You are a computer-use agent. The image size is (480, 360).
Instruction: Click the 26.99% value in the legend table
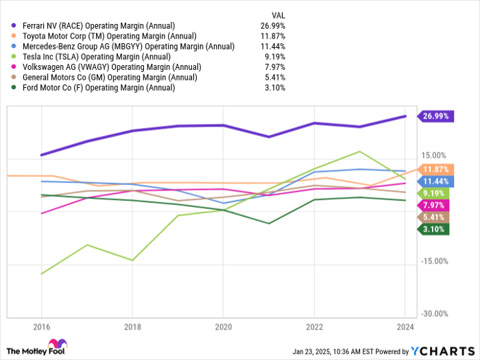coord(273,25)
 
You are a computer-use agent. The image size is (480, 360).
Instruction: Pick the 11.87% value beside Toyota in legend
coord(273,36)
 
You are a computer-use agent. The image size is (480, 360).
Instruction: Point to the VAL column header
coord(278,14)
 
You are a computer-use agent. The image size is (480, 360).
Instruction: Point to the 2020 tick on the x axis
coord(223,327)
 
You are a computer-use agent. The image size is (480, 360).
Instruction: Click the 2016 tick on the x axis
coord(41,327)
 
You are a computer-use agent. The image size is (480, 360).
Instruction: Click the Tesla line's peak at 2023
coord(360,152)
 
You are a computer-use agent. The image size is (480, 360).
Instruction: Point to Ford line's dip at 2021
coord(269,224)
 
